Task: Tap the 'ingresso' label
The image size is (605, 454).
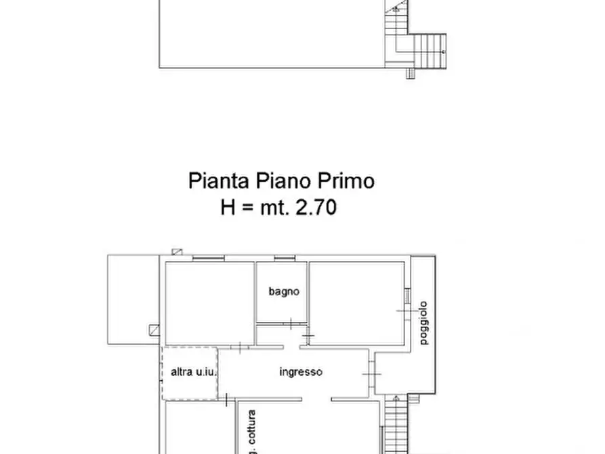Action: pyautogui.click(x=301, y=372)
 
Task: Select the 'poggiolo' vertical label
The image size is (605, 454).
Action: pyautogui.click(x=424, y=323)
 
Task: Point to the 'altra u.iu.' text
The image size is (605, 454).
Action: pyautogui.click(x=189, y=372)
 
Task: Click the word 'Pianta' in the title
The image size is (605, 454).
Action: pyautogui.click(x=219, y=182)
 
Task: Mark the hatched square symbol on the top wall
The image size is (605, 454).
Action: pyautogui.click(x=178, y=253)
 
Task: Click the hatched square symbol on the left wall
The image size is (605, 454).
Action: pyautogui.click(x=154, y=330)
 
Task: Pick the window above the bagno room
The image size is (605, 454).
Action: pyautogui.click(x=283, y=258)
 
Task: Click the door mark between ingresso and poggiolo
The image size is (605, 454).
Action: pyautogui.click(x=371, y=375)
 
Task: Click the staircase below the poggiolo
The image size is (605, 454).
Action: pyautogui.click(x=394, y=427)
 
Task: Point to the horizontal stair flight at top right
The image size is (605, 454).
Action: pyautogui.click(x=430, y=49)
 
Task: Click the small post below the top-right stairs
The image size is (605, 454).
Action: pyautogui.click(x=411, y=74)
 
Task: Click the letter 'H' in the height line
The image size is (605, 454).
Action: pyautogui.click(x=228, y=207)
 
